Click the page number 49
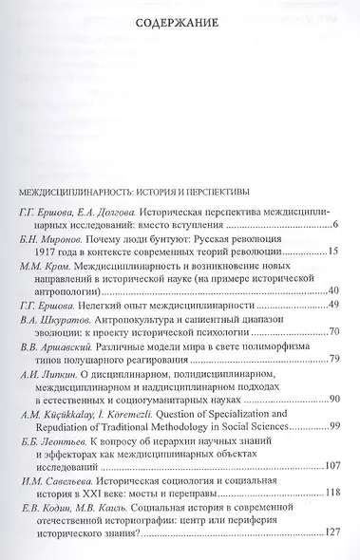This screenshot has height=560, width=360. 332,332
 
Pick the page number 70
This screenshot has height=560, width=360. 332,359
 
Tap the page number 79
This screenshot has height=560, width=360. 332,386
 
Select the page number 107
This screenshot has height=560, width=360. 330,493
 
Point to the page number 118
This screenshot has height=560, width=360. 330,520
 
